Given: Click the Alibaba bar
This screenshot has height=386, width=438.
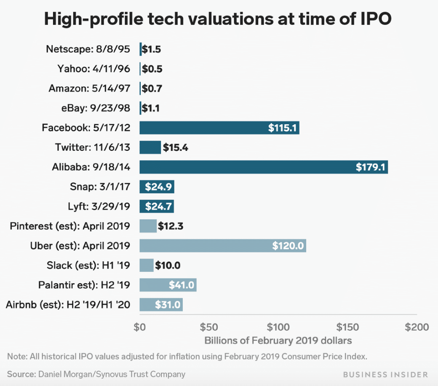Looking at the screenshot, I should pos(263,167).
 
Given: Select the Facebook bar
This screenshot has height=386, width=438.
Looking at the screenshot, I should pos(219,127).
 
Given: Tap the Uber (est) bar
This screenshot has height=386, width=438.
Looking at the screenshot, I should pos(222,245).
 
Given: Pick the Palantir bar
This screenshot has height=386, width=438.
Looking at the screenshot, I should pos(168,285).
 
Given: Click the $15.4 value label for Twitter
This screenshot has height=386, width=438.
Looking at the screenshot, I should pos(175,147).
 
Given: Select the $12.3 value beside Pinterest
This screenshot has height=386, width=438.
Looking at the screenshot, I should pos(171,226).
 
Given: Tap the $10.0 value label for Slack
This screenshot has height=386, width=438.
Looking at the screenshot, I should pos(168,265).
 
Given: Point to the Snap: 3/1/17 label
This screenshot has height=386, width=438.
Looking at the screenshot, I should pos(99,187).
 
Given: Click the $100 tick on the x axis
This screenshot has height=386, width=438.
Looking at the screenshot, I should pos(278,327).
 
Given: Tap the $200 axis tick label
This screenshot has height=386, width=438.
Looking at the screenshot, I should pos(417,327).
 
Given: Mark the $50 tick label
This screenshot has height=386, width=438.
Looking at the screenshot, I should pos(208,327).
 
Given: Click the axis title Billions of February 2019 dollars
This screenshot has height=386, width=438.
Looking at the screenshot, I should pos(278,340).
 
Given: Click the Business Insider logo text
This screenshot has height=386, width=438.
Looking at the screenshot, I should pos(385,374).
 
